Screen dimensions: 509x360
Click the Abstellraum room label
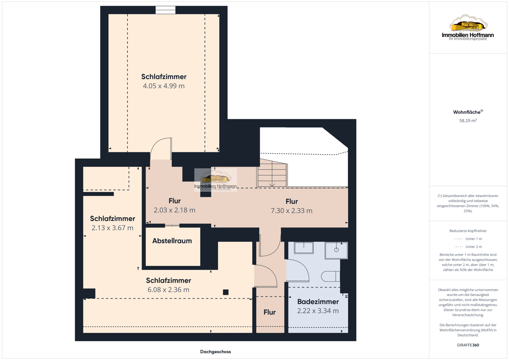(172, 241)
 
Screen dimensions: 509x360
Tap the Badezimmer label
(318, 301)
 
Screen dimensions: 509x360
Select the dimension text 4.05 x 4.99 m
(164, 86)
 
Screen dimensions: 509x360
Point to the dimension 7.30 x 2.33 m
(291, 211)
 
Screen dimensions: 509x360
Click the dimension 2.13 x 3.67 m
(112, 228)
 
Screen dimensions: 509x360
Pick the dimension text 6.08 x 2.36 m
(168, 290)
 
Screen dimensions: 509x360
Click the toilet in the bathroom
(330, 276)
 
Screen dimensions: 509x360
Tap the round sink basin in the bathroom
(336, 250)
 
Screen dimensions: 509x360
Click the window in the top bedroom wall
(165, 10)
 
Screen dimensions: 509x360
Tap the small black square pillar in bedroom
(226, 292)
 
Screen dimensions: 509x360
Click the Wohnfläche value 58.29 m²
(468, 121)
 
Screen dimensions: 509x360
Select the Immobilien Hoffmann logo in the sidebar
(468, 27)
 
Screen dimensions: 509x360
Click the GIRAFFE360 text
(468, 345)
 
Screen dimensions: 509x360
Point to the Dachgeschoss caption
(215, 352)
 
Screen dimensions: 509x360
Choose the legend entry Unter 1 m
(468, 239)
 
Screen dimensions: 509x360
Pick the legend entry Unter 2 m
(468, 247)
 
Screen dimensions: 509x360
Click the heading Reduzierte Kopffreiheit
(468, 231)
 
